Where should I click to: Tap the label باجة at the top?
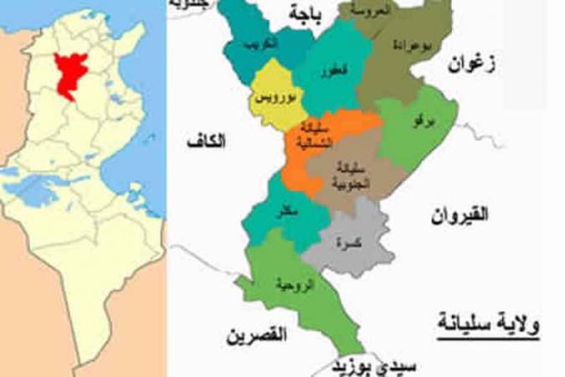pos(304,14)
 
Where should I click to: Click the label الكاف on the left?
pos(207,143)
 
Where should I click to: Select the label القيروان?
pos(460,215)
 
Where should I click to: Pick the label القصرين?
pos(257,335)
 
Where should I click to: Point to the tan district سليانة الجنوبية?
pos(345,175)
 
